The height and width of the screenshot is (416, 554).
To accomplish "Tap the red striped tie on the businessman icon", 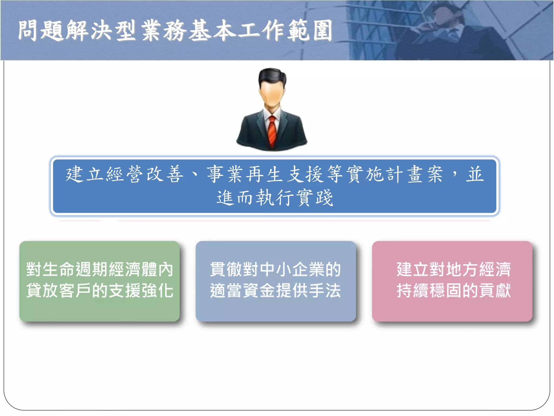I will click(272, 130).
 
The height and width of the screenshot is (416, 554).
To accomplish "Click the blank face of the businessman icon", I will click(272, 93).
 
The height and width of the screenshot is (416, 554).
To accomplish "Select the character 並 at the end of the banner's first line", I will click(475, 174).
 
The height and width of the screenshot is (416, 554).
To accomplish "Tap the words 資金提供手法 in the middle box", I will click(292, 291).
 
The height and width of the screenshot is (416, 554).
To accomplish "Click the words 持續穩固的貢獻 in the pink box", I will click(454, 291).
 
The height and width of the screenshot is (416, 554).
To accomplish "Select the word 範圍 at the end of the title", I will click(310, 30).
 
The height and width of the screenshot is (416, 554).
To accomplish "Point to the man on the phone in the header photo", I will click(449, 32).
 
